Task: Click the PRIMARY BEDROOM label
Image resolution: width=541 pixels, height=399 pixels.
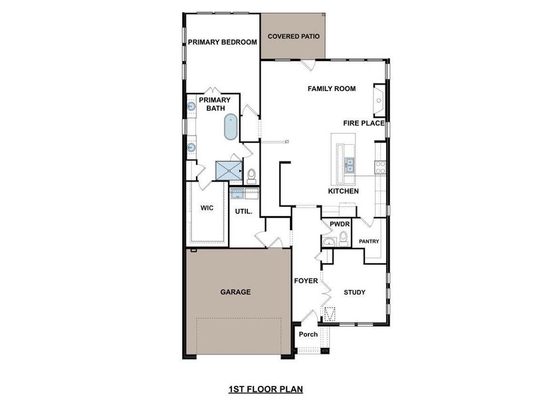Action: [x=222, y=42]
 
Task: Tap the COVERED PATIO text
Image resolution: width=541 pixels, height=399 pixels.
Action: [x=293, y=36]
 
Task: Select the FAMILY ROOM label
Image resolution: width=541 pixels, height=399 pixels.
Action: [x=331, y=88]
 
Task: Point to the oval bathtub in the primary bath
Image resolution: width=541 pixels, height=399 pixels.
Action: [x=231, y=126]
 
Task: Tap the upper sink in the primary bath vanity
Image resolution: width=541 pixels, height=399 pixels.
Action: [x=191, y=106]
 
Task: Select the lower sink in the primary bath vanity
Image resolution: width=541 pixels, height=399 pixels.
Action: [x=191, y=148]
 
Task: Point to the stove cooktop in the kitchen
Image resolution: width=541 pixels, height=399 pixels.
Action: [x=381, y=167]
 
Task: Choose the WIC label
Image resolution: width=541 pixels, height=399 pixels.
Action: [x=207, y=207]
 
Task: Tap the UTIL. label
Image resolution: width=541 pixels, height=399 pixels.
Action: [x=242, y=211]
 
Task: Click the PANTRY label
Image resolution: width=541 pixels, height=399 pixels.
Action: [x=369, y=241]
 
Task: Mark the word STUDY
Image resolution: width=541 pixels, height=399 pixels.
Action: [x=354, y=292]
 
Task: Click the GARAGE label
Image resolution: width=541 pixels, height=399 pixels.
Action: [x=235, y=291]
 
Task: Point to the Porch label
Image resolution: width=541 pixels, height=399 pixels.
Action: [x=308, y=334]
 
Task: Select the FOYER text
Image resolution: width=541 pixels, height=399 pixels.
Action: [x=306, y=281]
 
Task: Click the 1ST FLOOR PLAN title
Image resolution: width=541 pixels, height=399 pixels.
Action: [x=266, y=388]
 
